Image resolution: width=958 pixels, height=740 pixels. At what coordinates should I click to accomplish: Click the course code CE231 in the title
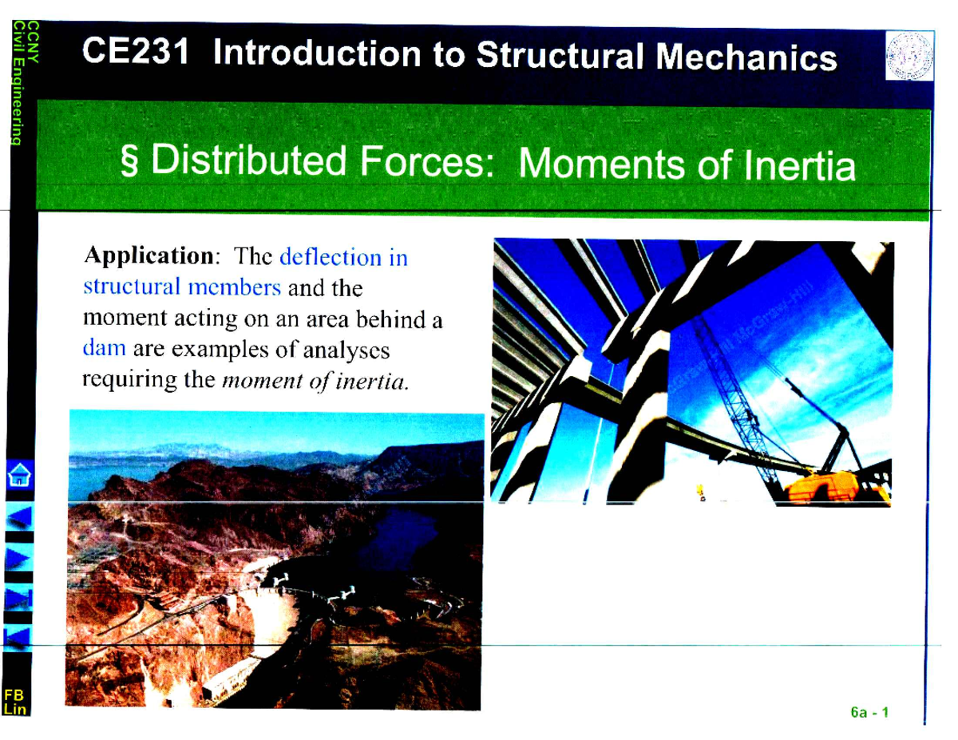coord(137,54)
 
